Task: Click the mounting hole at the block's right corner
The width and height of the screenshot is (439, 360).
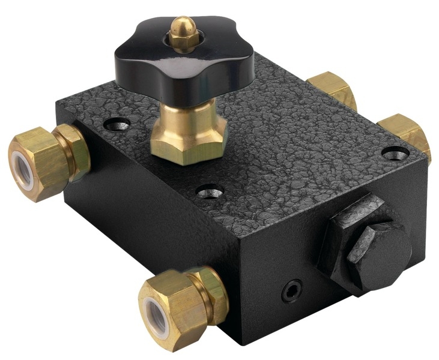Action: coord(393,154)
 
